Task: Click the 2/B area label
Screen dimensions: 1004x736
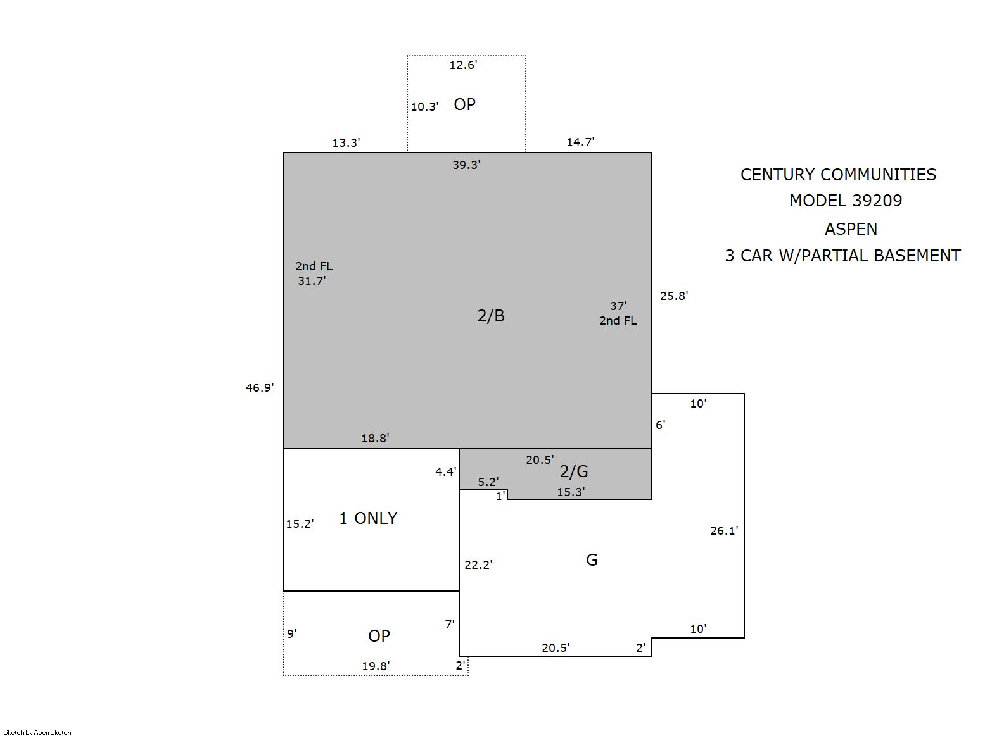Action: tap(491, 316)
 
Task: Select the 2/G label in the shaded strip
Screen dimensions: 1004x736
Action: tap(574, 471)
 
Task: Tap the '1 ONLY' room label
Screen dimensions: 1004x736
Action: tap(368, 518)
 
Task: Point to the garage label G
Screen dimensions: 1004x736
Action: tap(592, 560)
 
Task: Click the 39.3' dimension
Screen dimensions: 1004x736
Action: tap(466, 165)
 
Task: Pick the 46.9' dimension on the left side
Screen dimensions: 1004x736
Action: tap(260, 388)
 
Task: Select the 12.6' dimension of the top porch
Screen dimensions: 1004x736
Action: tap(463, 65)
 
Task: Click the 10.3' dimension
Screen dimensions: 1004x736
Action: tap(424, 107)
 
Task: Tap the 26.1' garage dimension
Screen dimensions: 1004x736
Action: tap(724, 531)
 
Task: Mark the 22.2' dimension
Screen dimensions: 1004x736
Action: tap(478, 565)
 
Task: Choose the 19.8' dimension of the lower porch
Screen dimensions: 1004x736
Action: tap(376, 666)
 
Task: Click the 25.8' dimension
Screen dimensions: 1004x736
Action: tap(674, 296)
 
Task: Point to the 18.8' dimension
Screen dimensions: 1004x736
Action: tap(375, 439)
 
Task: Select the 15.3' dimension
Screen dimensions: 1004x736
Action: tap(571, 492)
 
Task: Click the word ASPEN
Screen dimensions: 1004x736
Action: tap(851, 229)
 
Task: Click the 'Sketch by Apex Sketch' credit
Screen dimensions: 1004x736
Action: tap(37, 732)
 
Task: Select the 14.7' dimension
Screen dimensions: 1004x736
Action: tap(580, 142)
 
